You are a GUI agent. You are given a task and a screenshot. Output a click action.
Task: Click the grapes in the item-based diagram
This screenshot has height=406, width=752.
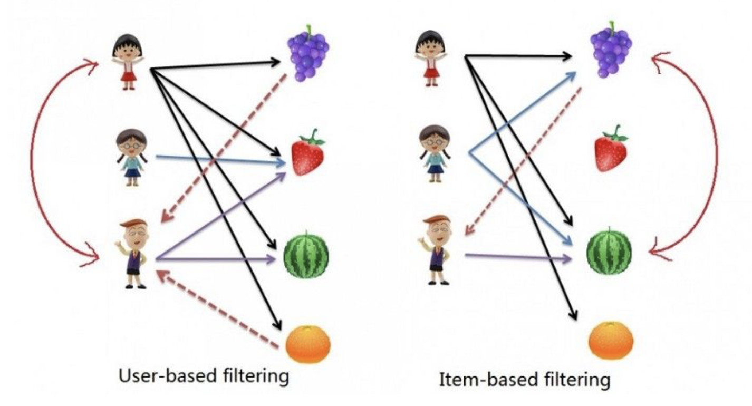(611, 51)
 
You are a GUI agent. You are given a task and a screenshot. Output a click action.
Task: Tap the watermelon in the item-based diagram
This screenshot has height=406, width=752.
(610, 251)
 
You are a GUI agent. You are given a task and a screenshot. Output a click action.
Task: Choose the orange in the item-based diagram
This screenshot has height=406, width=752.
(611, 341)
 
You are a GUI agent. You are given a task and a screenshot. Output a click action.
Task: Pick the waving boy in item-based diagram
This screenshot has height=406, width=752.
(437, 248)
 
